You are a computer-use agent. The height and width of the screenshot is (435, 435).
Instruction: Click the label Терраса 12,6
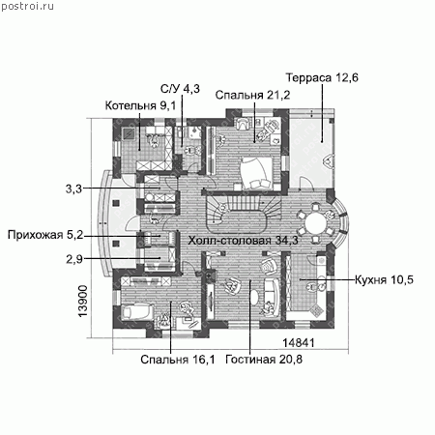point(322,78)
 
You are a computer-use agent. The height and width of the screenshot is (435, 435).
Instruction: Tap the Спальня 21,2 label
point(252,95)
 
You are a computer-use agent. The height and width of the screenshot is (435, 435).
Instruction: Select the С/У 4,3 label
point(180,88)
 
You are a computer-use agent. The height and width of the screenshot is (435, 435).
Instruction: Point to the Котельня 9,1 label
point(140,105)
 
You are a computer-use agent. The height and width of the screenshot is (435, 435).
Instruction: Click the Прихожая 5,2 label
point(45,235)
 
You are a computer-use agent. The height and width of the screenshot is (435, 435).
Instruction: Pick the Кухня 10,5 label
point(384,279)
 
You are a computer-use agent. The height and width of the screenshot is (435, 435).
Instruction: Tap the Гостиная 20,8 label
point(264,360)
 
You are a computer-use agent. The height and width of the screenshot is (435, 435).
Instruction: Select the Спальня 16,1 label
point(178,360)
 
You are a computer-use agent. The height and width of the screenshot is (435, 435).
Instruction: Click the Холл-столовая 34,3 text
point(244,241)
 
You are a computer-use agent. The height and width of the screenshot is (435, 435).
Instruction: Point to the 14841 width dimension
point(299,343)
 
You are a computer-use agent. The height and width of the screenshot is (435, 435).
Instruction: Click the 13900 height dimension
point(83,301)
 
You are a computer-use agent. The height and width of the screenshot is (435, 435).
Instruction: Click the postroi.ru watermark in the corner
point(27,6)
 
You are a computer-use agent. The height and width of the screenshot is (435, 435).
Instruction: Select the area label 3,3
point(73,188)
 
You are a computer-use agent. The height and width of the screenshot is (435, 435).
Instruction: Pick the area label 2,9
point(74,259)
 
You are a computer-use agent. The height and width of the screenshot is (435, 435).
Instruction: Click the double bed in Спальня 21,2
point(256,173)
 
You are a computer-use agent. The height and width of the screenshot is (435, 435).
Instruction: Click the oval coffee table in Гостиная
point(254,297)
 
